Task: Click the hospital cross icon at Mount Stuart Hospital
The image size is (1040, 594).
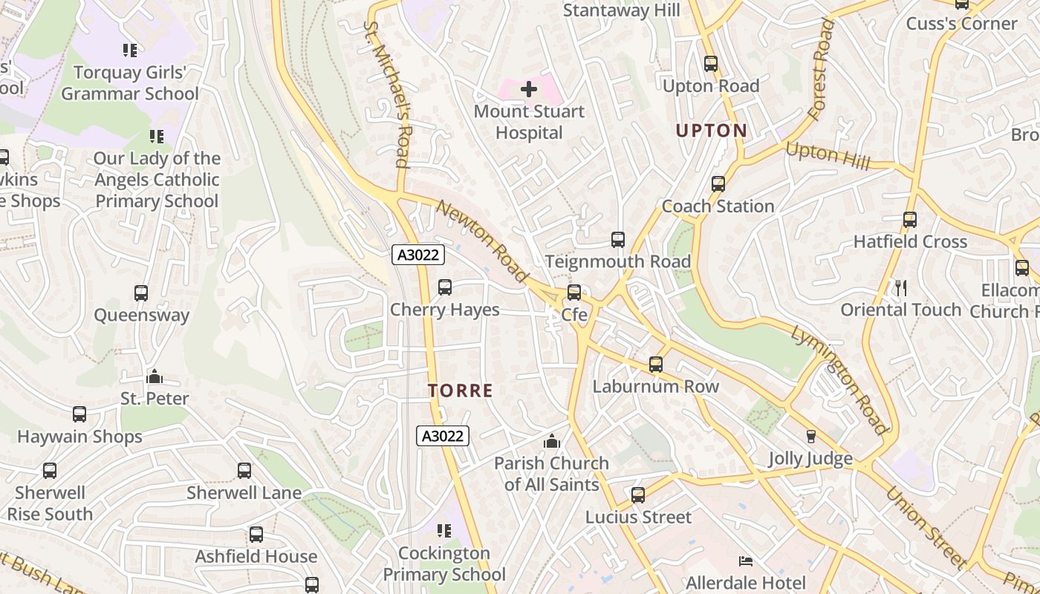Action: click(x=529, y=90)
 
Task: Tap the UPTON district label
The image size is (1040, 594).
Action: click(x=711, y=131)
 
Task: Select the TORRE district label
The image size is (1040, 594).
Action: click(x=461, y=391)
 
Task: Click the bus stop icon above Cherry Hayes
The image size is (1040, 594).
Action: click(x=445, y=287)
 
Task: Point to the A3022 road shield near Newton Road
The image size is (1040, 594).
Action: click(x=418, y=255)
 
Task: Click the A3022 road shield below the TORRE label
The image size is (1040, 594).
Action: click(x=442, y=436)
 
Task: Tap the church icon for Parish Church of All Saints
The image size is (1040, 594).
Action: click(x=551, y=441)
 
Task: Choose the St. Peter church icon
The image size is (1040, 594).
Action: click(x=155, y=376)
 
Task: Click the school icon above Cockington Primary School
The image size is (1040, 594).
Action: click(x=444, y=531)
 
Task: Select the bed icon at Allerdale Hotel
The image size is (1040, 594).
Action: click(x=745, y=561)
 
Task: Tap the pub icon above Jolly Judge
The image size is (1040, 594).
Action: click(x=810, y=437)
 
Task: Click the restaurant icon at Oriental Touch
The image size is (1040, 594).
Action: click(x=900, y=288)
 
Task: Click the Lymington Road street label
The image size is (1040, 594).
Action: click(x=839, y=379)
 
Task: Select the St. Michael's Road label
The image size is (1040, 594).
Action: click(x=387, y=94)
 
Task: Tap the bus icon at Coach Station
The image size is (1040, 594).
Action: click(x=718, y=184)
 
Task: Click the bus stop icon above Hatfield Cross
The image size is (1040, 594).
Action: click(x=910, y=220)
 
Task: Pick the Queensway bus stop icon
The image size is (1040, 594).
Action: click(x=141, y=293)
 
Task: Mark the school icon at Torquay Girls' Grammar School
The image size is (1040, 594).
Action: click(x=130, y=50)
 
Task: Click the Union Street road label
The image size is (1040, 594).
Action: click(x=926, y=527)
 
